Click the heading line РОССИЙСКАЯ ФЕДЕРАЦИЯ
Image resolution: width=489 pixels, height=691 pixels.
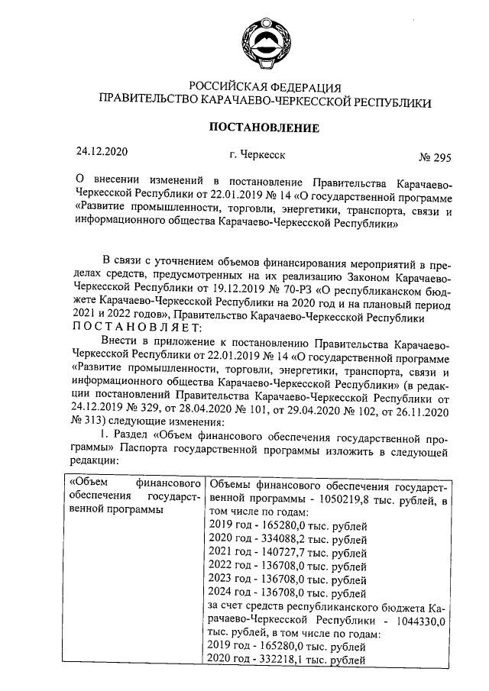pos(264,86)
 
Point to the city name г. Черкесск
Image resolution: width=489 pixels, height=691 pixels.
pos(251,154)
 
